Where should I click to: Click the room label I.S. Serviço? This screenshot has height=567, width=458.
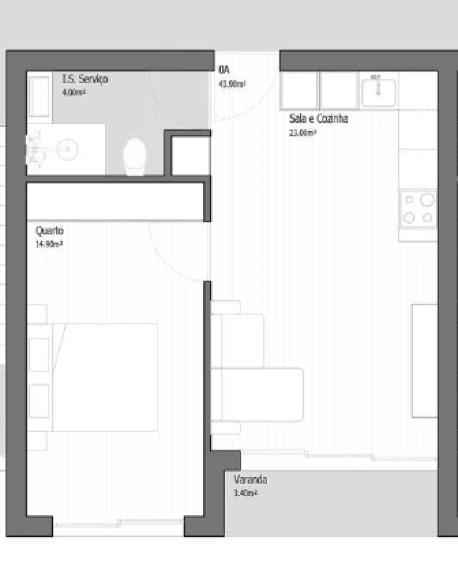click(85, 79)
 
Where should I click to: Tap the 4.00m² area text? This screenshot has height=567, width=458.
click(73, 93)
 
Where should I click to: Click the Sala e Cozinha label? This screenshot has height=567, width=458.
click(318, 119)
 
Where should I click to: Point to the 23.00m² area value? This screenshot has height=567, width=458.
click(303, 133)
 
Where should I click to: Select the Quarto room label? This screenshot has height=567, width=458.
click(49, 231)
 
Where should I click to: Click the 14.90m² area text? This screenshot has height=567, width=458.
click(49, 244)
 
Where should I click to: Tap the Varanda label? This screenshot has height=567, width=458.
click(250, 479)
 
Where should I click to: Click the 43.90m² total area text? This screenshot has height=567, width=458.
click(232, 84)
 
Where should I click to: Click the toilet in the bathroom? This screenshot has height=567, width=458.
click(135, 156)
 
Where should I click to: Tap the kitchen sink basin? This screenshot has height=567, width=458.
click(379, 90)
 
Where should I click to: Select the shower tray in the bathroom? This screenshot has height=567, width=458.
click(39, 96)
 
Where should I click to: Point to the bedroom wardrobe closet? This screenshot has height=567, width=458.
click(114, 202)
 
